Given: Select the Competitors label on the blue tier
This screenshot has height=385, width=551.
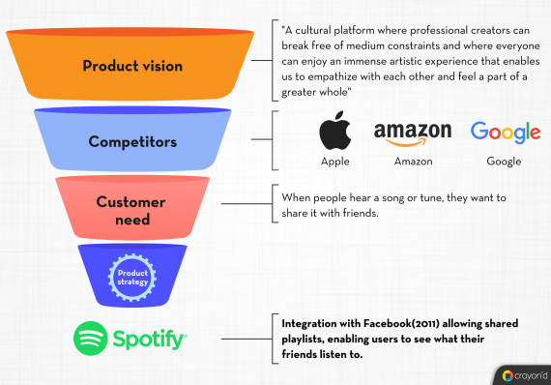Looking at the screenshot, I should (132, 141).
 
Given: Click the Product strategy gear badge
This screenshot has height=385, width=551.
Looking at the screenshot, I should (132, 274).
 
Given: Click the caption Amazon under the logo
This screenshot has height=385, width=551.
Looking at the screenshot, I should (413, 162).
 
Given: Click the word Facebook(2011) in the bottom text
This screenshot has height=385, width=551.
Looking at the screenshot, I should (397, 322).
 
